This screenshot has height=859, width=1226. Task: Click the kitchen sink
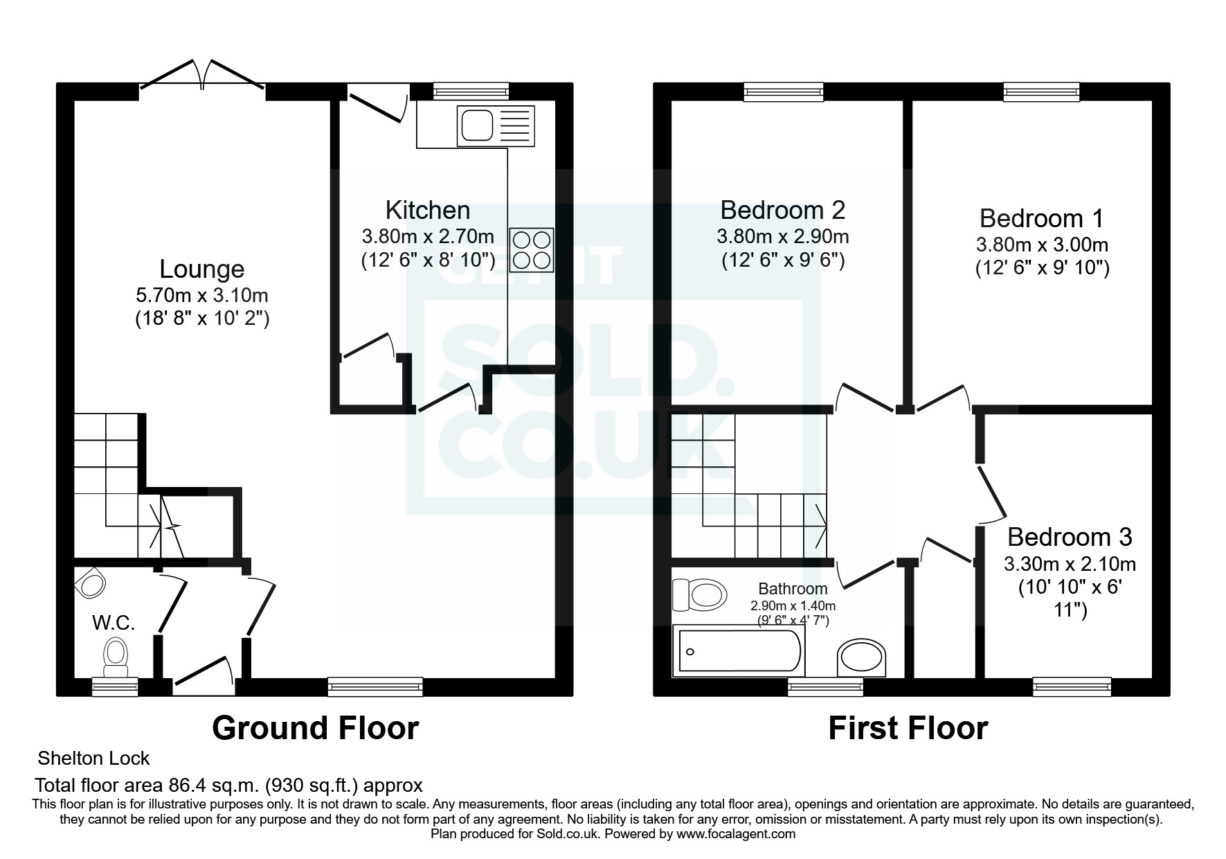click(496, 125)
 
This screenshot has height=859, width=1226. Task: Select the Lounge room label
click(202, 269)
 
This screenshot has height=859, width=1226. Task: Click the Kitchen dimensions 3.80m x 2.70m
click(428, 236)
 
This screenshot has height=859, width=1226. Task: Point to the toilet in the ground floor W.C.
click(116, 657)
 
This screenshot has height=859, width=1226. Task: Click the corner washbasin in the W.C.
click(88, 583)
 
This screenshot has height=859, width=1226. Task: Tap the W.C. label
click(114, 623)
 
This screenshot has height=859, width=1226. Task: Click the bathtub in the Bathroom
click(740, 650)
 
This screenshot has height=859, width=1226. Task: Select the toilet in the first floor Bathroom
click(700, 594)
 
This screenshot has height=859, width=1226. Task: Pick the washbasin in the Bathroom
click(862, 657)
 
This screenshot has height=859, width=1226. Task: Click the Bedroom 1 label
click(1041, 218)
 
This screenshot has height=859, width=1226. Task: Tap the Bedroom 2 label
click(783, 209)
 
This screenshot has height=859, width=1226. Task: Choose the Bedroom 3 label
click(1070, 537)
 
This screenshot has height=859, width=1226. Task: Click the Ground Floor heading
click(316, 728)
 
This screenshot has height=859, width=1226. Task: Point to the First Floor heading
click(908, 728)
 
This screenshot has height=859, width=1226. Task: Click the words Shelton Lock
click(93, 759)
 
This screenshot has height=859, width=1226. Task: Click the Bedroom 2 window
click(784, 92)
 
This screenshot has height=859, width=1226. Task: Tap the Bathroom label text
click(793, 589)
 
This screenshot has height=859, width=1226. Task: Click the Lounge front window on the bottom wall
click(375, 687)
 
